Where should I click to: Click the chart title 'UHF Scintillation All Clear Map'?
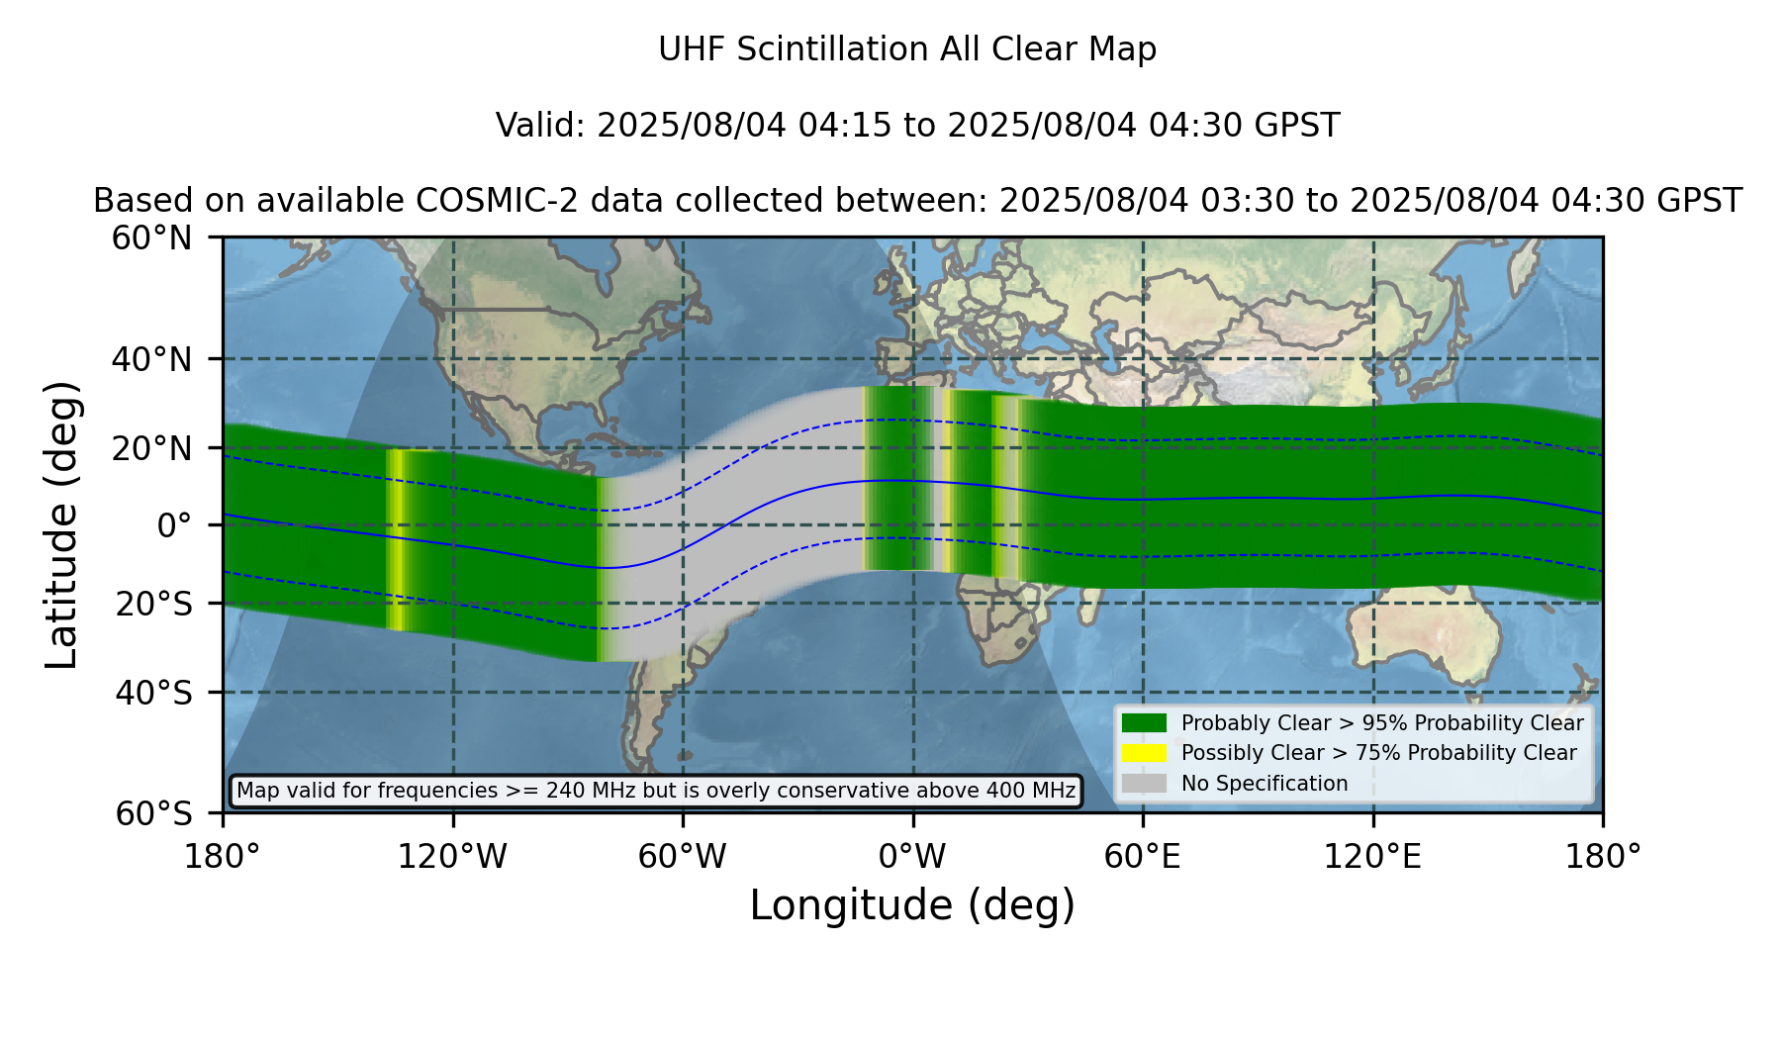[907, 49]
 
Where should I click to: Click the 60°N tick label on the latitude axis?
[151, 238]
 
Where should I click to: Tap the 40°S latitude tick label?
[153, 693]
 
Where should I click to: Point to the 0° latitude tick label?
[174, 525]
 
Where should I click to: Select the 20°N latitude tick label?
[151, 448]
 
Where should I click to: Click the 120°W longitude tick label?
[452, 857]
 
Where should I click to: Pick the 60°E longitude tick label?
[1142, 857]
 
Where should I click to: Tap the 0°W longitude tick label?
[912, 857]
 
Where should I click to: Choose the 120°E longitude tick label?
[1372, 857]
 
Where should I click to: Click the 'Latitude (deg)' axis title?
[62, 524]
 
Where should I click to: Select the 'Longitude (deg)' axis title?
[912, 905]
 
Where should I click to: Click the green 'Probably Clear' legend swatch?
[1144, 722]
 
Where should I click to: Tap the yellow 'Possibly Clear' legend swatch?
[1144, 753]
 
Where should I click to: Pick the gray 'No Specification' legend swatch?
[1144, 784]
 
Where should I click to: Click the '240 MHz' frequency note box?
[656, 791]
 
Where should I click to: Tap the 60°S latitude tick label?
[153, 813]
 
